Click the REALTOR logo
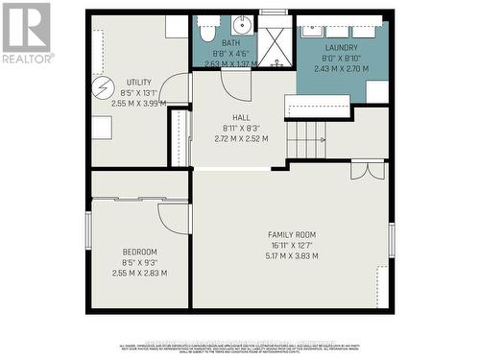pyautogui.click(x=27, y=33)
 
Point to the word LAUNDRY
pyautogui.click(x=341, y=48)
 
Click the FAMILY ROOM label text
pyautogui.click(x=292, y=234)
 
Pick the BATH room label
pyautogui.click(x=230, y=43)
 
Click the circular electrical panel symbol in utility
pyautogui.click(x=103, y=87)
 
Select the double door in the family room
pyautogui.click(x=367, y=170)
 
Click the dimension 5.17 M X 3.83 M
pyautogui.click(x=292, y=255)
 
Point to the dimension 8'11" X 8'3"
pyautogui.click(x=240, y=128)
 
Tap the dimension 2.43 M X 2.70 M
pyautogui.click(x=341, y=69)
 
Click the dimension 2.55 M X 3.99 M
pyautogui.click(x=139, y=104)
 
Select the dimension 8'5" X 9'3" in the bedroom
pyautogui.click(x=139, y=262)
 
